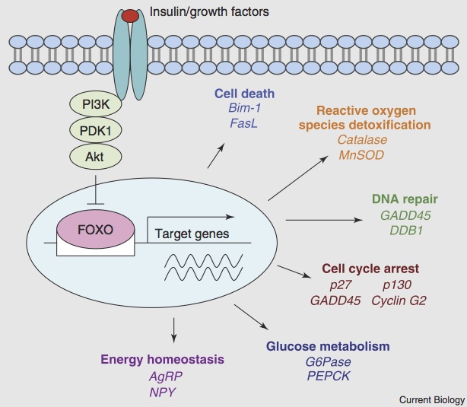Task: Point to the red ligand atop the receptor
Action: [x=131, y=16]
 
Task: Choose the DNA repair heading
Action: [x=403, y=199]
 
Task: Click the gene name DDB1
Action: [x=403, y=230]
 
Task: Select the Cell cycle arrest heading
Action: [x=370, y=269]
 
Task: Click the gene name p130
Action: [x=396, y=285]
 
